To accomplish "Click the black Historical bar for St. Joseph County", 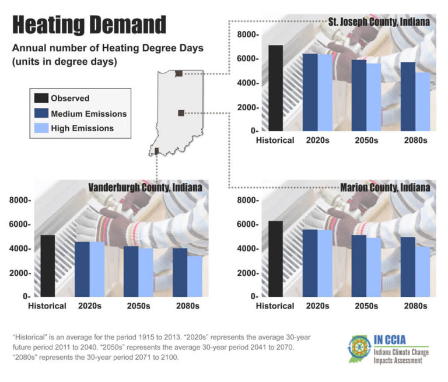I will pos(275,87).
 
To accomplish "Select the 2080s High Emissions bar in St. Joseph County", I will pos(422,101).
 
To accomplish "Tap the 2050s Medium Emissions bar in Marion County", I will pos(358,265).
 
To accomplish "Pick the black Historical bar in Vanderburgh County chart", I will pos(48,265).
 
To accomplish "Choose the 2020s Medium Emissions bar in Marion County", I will pos(309,262).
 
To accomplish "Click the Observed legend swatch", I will pos(41,99).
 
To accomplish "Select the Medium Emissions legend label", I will pos(88,114).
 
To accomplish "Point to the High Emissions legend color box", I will pos(41,128).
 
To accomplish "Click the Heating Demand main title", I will pos(89,25).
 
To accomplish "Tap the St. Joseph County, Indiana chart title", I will pos(378,22).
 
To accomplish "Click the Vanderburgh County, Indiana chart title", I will pos(145,188).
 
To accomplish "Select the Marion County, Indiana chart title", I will pos(385,188).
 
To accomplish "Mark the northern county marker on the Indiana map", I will pos(178,73).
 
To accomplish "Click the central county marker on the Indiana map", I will pos(181,113).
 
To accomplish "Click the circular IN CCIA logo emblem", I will pos(358,349).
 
